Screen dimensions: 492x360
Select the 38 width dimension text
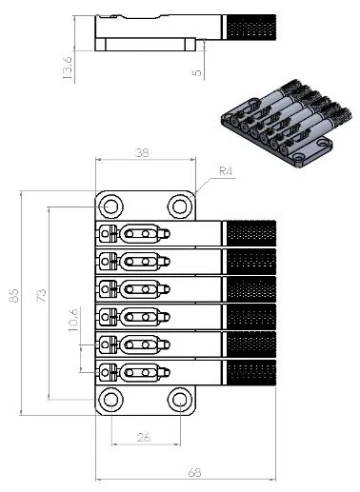[x=143, y=151]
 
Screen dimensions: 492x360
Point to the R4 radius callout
[x=226, y=171]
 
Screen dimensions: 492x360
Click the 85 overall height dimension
[x=14, y=298]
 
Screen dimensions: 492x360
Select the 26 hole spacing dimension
[x=144, y=437]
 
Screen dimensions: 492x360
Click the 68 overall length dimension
[x=193, y=473]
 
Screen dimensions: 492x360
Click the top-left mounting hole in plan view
[x=111, y=206]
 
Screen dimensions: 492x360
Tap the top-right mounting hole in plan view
[x=178, y=206]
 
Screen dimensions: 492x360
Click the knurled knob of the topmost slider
[x=249, y=233]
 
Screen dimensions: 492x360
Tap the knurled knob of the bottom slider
[x=249, y=372]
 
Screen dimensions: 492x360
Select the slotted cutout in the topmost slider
[x=143, y=233]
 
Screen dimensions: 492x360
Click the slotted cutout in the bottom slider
[x=143, y=372]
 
